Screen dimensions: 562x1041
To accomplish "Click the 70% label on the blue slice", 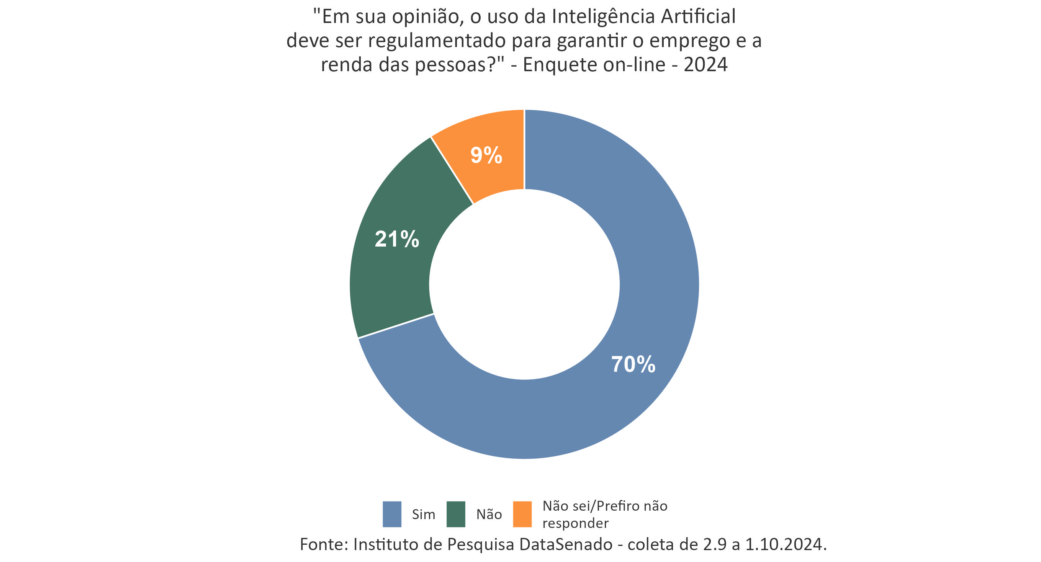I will (633, 364).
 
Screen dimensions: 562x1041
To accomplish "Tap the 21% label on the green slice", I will (396, 239).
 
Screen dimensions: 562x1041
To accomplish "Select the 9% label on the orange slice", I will (486, 155).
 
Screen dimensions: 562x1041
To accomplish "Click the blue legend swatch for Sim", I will (391, 514).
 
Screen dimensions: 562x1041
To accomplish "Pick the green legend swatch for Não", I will (455, 514).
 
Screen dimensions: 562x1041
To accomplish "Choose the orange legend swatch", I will (522, 514).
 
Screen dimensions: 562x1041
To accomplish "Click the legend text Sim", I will (423, 514).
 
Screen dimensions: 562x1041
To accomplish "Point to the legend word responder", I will (575, 523).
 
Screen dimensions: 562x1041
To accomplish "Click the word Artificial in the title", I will (698, 17).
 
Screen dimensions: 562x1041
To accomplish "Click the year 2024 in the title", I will (705, 65).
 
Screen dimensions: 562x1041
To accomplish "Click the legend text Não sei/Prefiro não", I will (604, 506).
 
